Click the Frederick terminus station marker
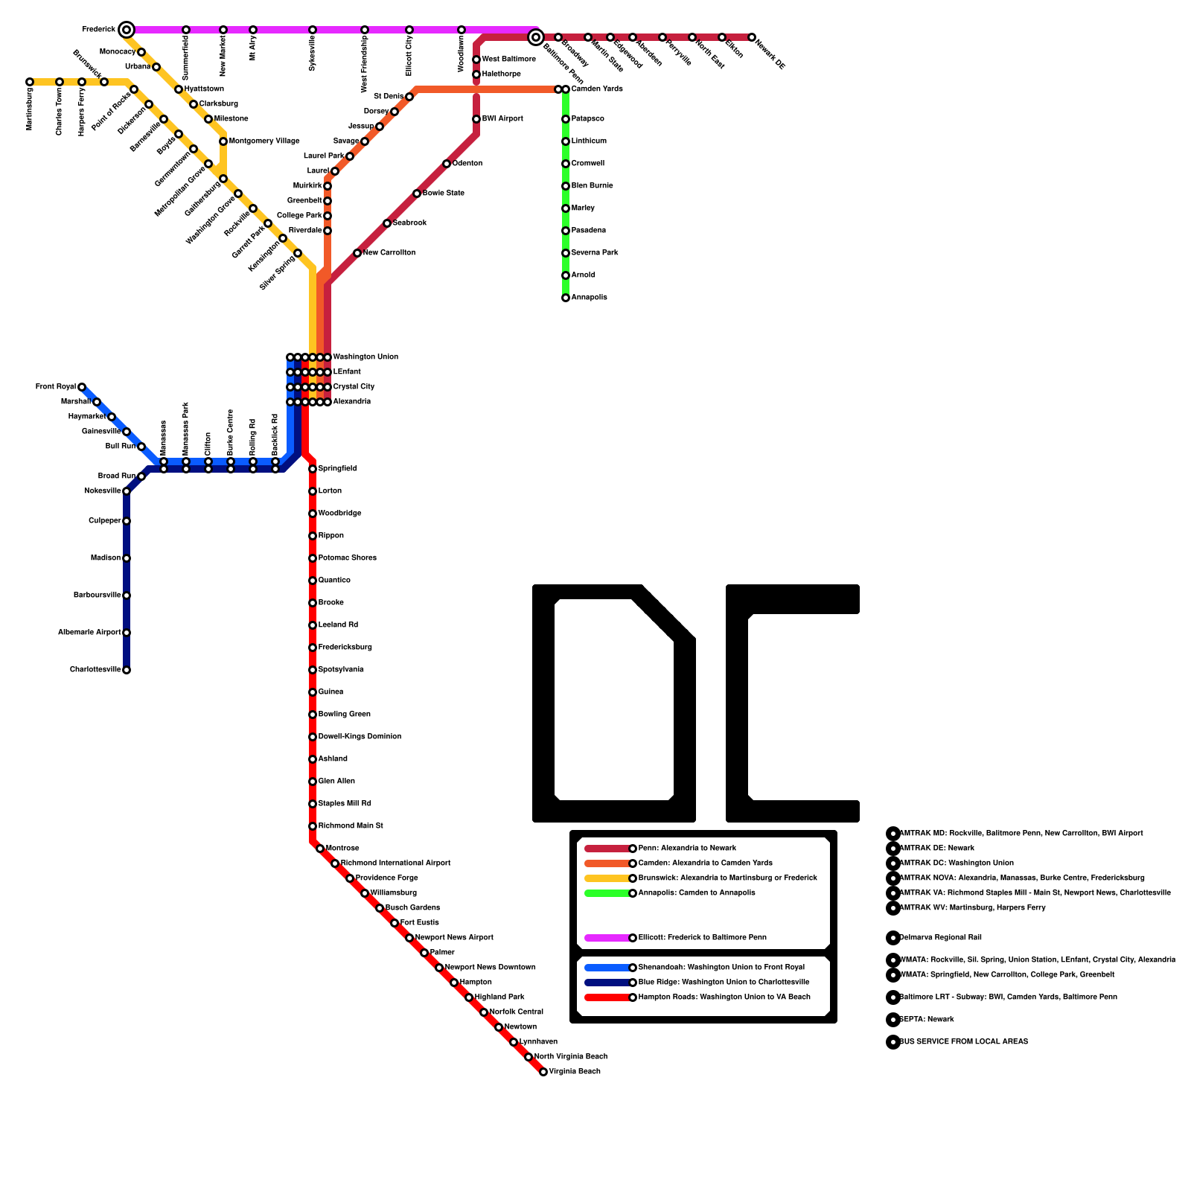[127, 30]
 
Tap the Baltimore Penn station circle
[535, 37]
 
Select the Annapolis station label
[589, 298]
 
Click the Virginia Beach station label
[575, 1072]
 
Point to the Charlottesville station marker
[127, 670]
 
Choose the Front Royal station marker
[82, 387]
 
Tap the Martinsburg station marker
[30, 82]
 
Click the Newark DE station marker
[752, 37]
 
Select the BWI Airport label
[502, 119]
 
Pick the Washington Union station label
[365, 357]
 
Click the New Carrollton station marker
[357, 253]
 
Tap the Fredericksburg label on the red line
[345, 648]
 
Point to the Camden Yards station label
[597, 89]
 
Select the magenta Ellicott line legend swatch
[607, 938]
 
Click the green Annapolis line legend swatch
[607, 893]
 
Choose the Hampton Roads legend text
[724, 997]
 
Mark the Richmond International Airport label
[395, 863]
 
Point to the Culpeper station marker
[127, 521]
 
